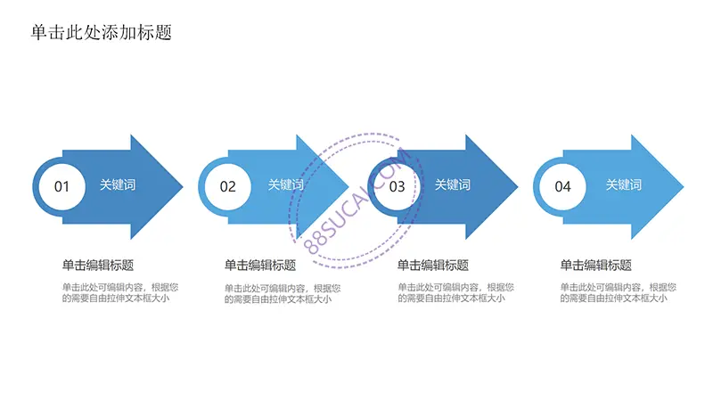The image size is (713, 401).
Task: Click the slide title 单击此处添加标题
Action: click(x=102, y=32)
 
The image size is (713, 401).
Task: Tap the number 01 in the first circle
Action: click(x=61, y=186)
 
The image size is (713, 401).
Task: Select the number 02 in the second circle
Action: click(x=228, y=186)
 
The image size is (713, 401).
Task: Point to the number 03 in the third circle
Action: click(x=397, y=186)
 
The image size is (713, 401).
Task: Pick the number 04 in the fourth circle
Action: click(x=563, y=186)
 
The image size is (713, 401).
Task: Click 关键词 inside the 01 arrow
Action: click(x=118, y=184)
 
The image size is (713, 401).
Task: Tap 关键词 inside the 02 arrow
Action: click(x=285, y=184)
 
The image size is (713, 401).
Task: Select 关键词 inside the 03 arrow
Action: click(x=453, y=184)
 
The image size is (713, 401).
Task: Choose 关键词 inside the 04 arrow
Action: click(x=623, y=184)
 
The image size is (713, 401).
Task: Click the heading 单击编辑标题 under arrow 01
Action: click(x=98, y=265)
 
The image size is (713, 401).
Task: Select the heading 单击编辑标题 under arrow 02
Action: click(x=260, y=265)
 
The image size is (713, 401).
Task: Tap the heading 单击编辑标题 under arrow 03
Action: click(x=433, y=265)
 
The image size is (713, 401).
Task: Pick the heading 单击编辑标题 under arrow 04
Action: click(x=595, y=265)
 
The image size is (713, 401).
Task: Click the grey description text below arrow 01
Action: click(x=120, y=293)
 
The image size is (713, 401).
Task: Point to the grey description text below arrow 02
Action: click(x=283, y=294)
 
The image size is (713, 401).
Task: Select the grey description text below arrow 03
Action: click(x=455, y=293)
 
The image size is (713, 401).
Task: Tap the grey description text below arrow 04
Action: click(x=618, y=293)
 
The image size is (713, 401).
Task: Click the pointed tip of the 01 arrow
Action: click(x=183, y=186)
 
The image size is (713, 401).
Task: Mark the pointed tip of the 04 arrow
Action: click(x=684, y=186)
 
